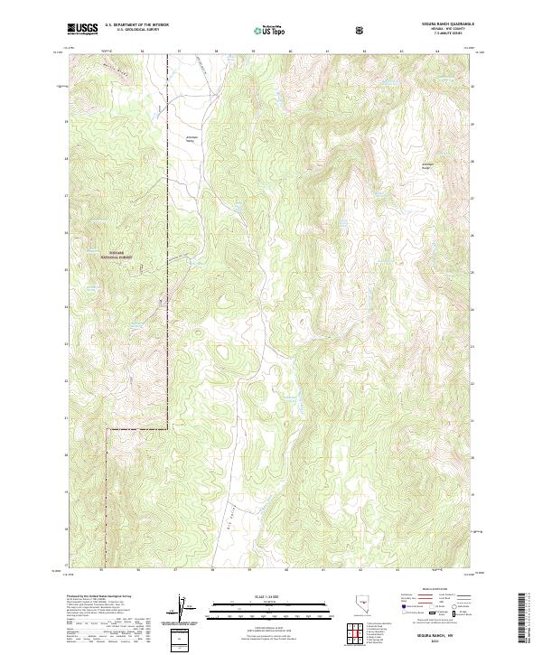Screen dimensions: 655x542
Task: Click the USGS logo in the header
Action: tap(83, 30)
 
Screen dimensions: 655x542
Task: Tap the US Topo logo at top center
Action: tap(267, 30)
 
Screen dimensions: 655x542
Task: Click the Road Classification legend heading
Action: tap(428, 587)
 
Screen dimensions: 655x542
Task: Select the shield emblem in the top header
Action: tap(361, 30)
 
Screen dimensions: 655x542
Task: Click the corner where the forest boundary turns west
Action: tap(109, 431)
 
